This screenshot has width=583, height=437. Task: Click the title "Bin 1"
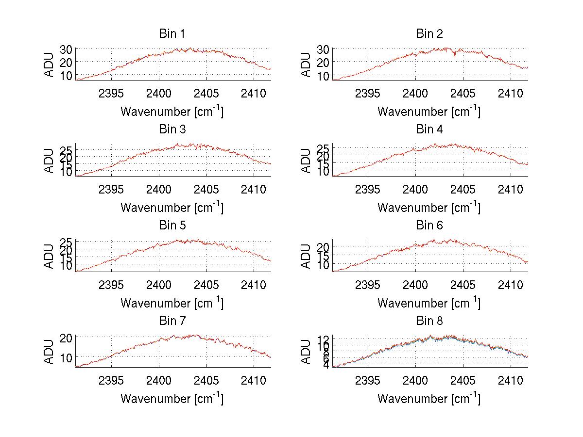pos(172,34)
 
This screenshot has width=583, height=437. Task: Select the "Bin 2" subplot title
pos(429,34)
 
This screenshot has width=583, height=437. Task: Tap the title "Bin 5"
pos(172,226)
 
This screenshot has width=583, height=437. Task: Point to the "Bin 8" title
pos(429,321)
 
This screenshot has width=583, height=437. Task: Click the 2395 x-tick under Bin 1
pos(111,93)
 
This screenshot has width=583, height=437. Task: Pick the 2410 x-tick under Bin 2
pos(511,93)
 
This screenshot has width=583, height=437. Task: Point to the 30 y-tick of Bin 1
pos(66,49)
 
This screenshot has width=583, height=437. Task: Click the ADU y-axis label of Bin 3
pos(50,160)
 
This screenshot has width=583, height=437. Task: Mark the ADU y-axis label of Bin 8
pos(306,352)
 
